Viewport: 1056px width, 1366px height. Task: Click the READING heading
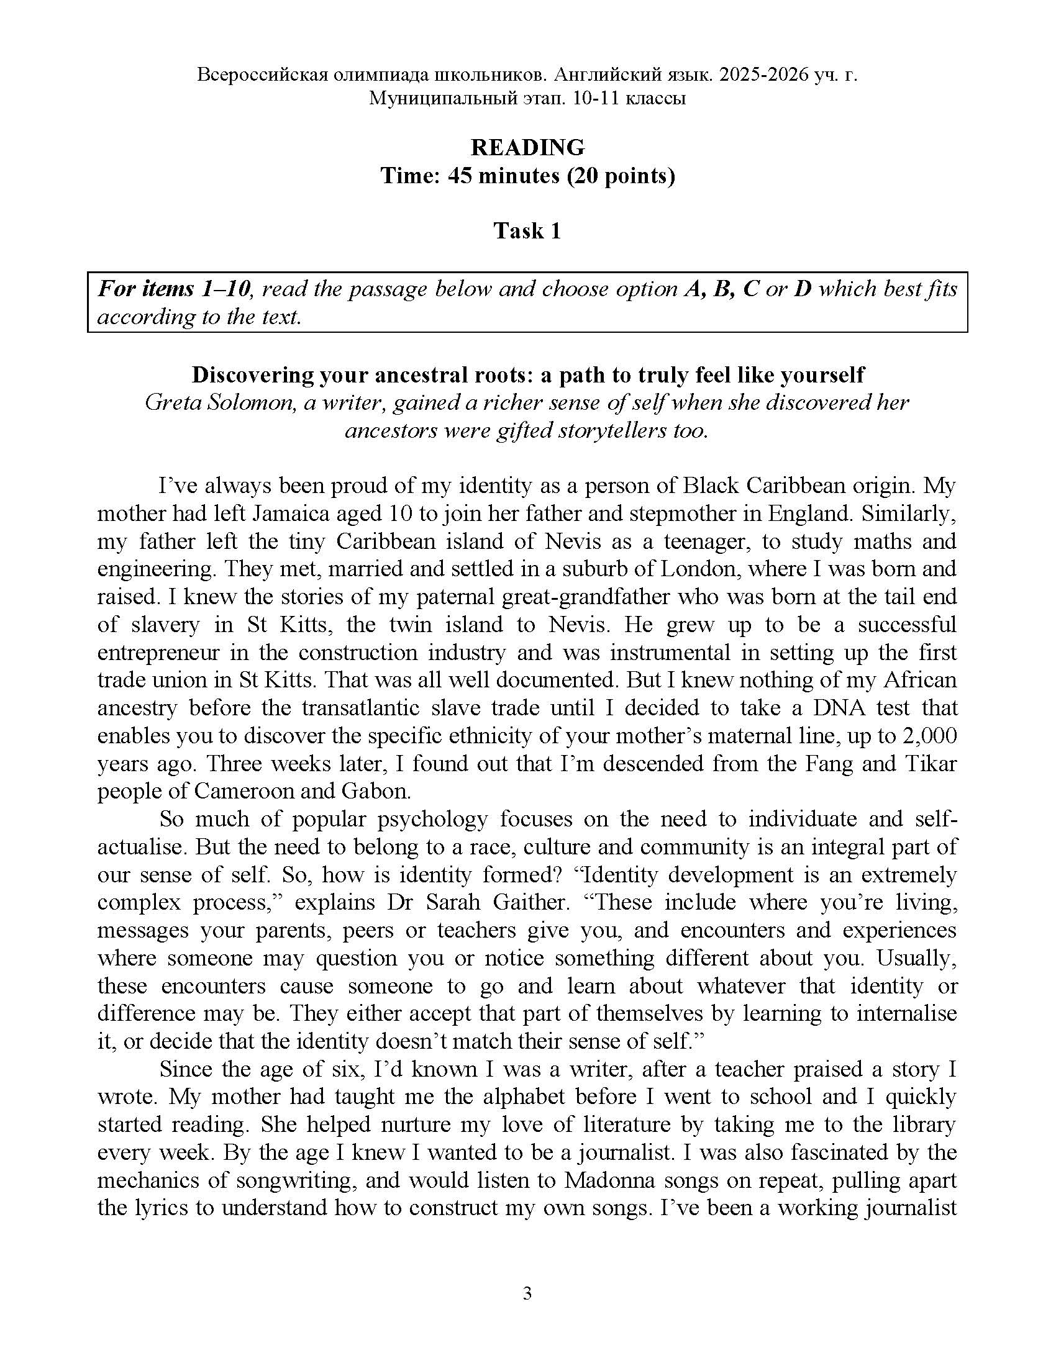click(527, 148)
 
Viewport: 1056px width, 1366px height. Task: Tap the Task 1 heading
click(527, 231)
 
